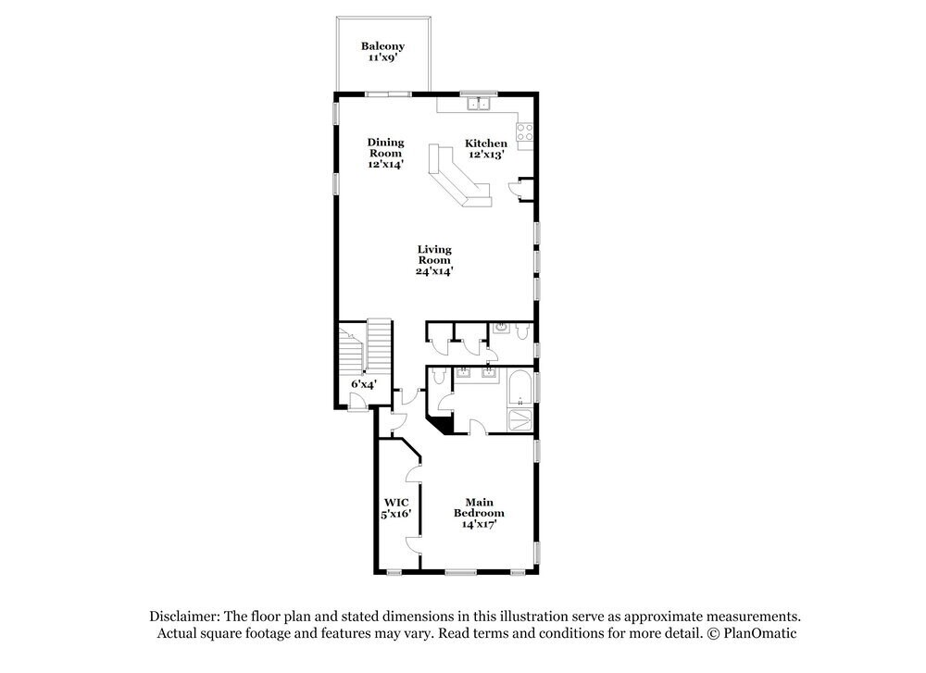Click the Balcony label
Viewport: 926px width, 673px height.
click(382, 46)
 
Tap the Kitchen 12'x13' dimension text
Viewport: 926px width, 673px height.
click(485, 156)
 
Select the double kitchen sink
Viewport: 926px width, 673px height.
click(480, 103)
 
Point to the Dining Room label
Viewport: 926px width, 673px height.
click(386, 148)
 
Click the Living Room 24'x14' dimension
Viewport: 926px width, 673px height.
click(434, 271)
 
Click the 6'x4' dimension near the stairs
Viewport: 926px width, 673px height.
click(361, 383)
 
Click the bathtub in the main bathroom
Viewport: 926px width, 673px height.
click(520, 387)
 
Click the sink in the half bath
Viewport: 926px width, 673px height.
click(501, 327)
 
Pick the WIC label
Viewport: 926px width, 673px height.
click(396, 503)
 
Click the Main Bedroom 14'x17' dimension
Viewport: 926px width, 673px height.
click(480, 524)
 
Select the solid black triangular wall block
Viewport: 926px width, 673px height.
click(444, 424)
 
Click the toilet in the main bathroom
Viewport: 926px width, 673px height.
click(439, 379)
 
